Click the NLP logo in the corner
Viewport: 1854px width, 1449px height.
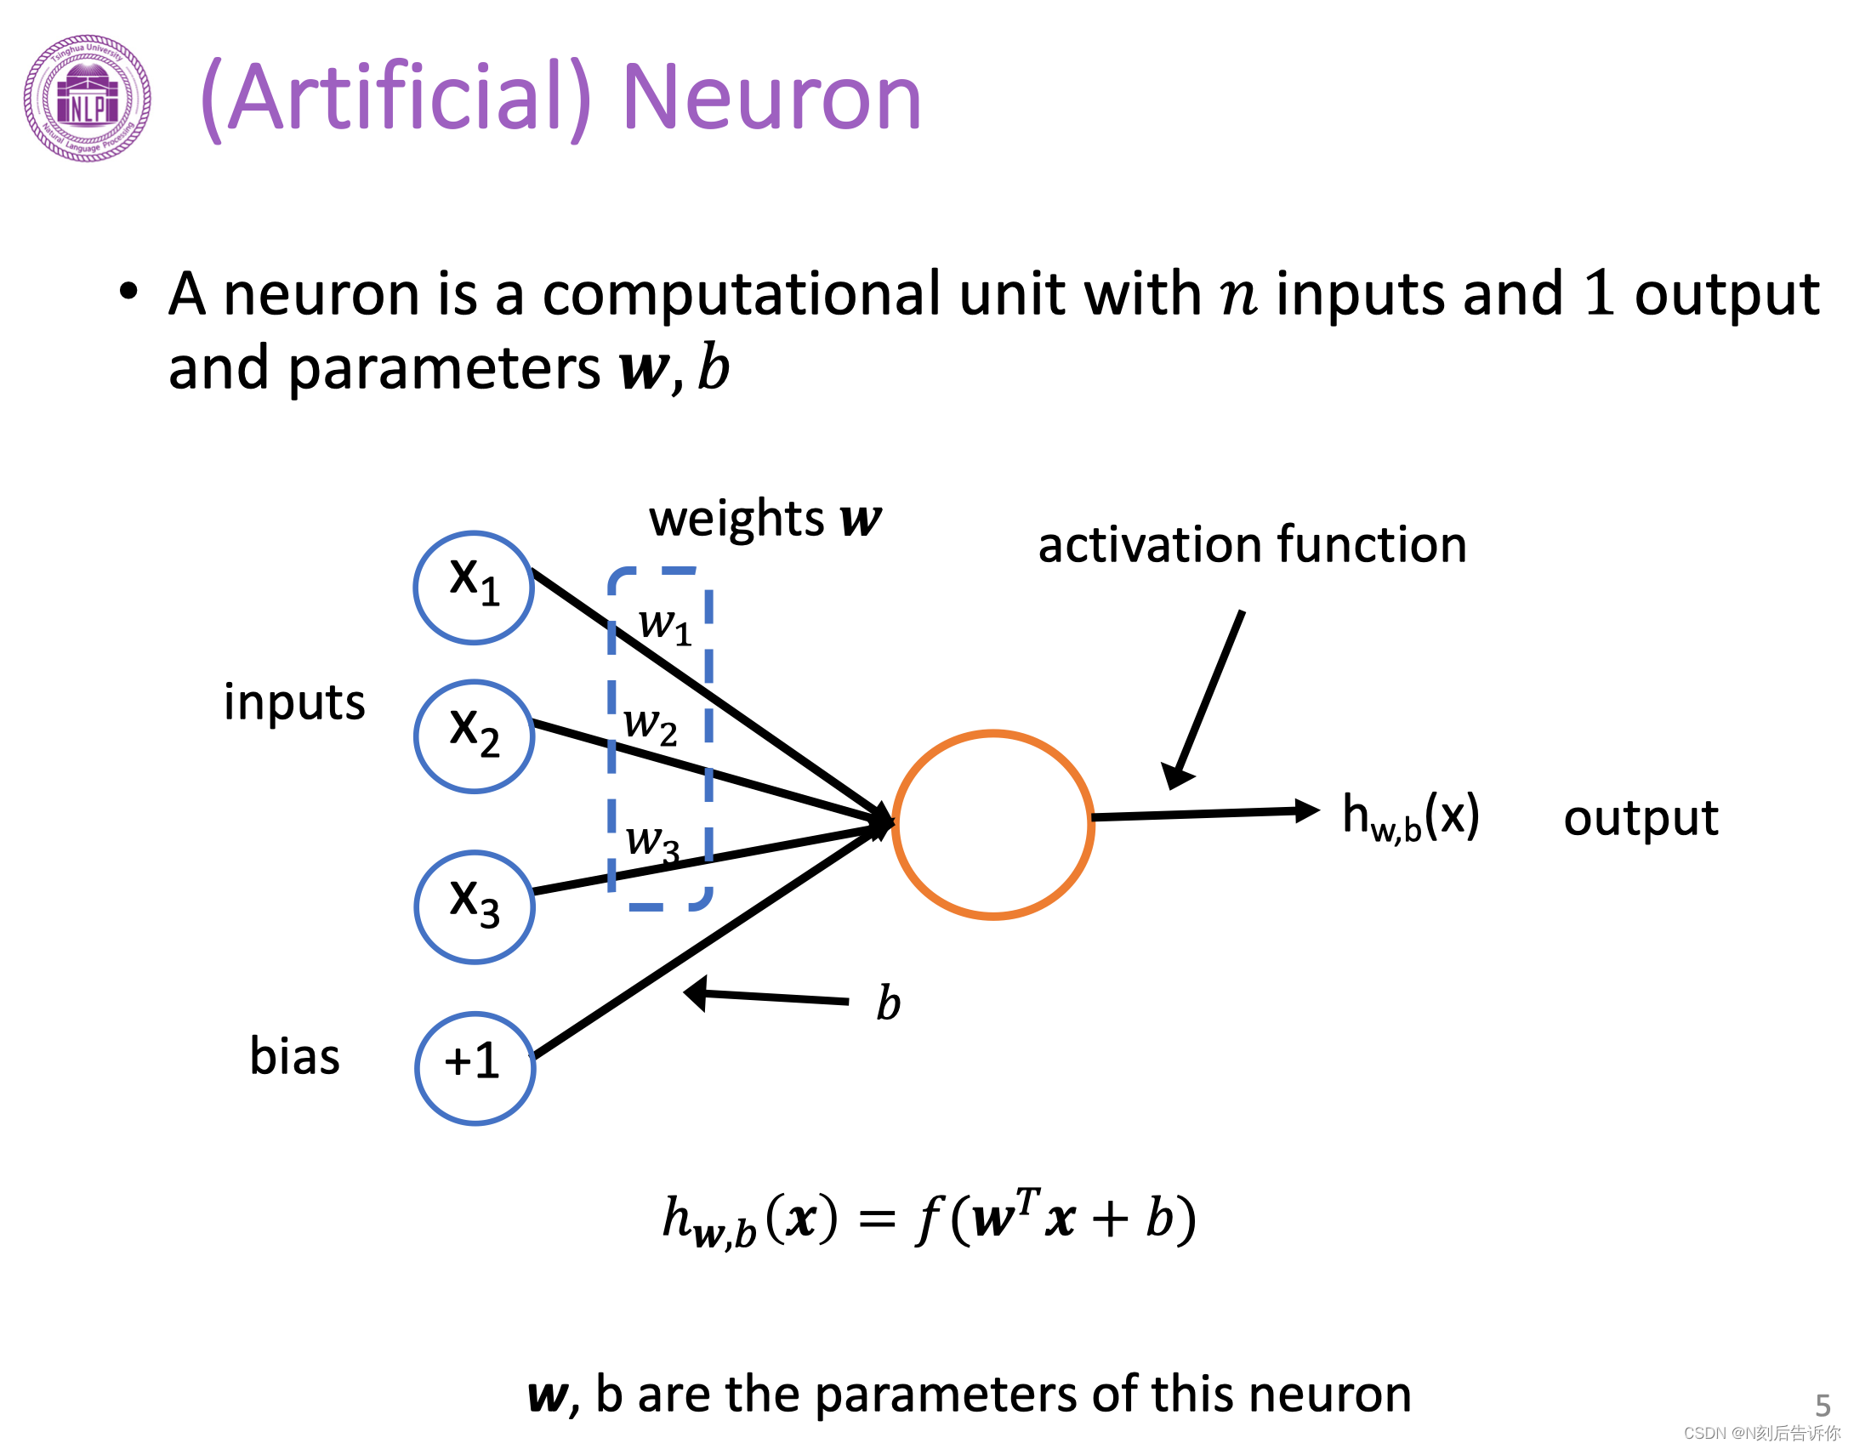(88, 98)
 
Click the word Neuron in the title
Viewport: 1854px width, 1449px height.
(771, 98)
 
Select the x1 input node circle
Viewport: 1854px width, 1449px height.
(474, 587)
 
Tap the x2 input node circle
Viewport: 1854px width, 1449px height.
(474, 736)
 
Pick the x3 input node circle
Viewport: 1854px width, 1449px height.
(474, 906)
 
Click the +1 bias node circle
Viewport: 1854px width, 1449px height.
(475, 1068)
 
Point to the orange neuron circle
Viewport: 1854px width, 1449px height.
(992, 824)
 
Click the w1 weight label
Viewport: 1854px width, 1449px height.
(664, 625)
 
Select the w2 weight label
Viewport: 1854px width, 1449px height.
(650, 725)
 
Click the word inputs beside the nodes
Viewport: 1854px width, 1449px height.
(294, 702)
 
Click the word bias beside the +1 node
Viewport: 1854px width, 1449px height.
(294, 1057)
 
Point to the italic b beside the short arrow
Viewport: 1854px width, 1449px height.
(888, 1003)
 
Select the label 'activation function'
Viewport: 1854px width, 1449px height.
(1252, 544)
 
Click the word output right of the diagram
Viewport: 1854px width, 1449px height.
(1641, 818)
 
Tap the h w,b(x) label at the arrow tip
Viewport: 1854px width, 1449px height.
(1410, 816)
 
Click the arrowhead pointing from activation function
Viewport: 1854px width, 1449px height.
(1178, 775)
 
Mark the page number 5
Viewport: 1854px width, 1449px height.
(1823, 1404)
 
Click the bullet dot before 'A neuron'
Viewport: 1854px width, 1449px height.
(128, 292)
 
